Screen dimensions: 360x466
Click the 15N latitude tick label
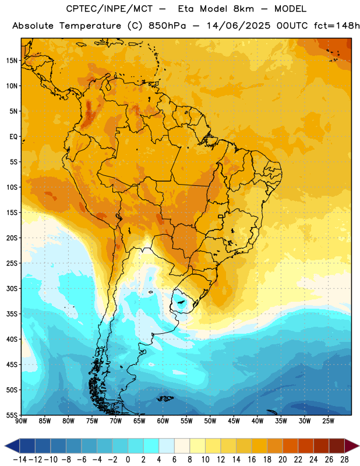12,61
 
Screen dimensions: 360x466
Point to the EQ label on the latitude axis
13,136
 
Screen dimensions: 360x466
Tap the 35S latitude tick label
12,314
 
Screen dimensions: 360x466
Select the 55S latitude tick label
12,415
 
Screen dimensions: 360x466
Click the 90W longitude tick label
21,421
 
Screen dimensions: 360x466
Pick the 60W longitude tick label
163,421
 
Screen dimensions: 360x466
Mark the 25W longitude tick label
328,421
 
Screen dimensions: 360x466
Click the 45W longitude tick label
234,421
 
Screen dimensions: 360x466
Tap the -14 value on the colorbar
20,460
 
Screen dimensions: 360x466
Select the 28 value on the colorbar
344,460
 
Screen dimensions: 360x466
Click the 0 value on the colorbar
128,460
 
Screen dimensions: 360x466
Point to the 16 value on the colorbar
252,460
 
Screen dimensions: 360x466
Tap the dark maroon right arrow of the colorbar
352,446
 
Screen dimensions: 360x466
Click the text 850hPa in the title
167,26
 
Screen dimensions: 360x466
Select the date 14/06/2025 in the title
238,26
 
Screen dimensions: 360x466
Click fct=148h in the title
336,26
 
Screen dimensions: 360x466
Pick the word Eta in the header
186,9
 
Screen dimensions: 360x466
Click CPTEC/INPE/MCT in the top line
110,9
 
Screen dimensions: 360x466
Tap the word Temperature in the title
90,26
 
